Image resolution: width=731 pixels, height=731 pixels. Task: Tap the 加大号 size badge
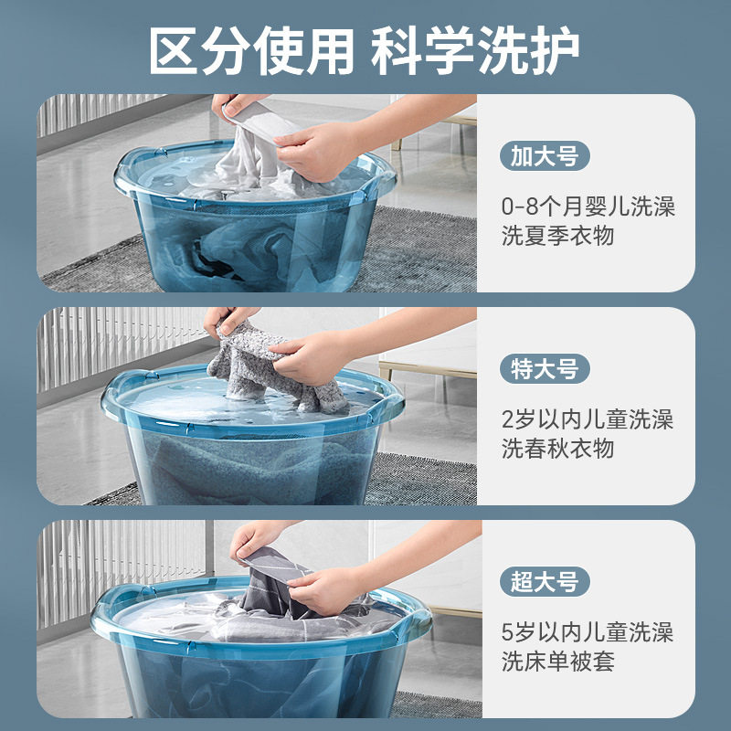coord(545,156)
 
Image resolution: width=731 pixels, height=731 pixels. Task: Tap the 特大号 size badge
coord(545,369)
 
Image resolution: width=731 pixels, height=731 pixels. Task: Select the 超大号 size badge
coord(545,581)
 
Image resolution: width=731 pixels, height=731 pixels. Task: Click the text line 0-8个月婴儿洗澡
coord(588,206)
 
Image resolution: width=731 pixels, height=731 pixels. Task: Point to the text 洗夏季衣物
coord(557,236)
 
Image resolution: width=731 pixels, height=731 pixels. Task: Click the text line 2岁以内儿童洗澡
coord(588,419)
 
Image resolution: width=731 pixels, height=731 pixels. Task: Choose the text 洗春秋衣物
coord(557,449)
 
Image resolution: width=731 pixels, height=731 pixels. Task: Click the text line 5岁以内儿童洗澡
coord(588,630)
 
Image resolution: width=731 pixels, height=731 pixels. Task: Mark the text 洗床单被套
coord(557,661)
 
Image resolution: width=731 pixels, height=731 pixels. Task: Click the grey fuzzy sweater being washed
coord(274,365)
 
